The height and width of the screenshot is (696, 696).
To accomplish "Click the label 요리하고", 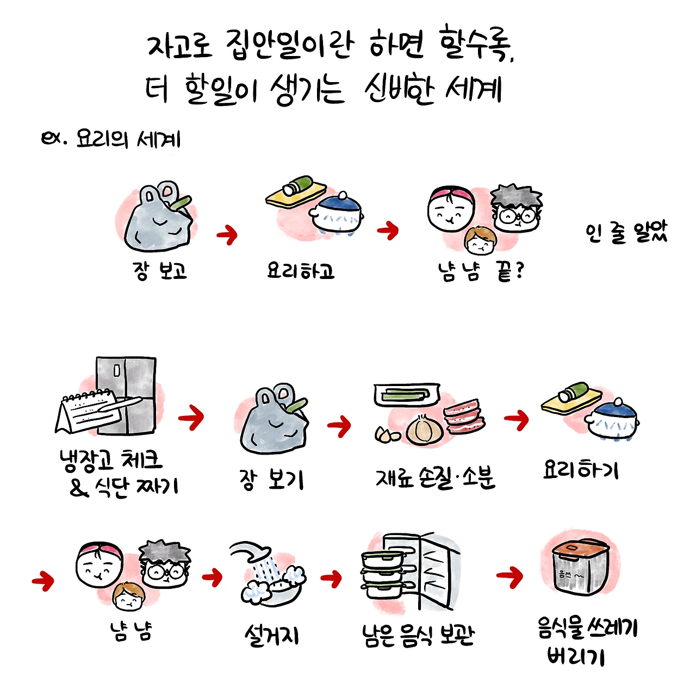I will [300, 270].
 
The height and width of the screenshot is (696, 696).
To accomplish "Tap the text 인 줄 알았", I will [626, 232].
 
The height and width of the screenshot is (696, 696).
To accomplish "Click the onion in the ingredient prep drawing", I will [422, 430].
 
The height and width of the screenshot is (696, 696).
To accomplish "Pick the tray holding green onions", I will [406, 394].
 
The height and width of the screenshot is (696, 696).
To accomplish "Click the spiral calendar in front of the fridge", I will [92, 411].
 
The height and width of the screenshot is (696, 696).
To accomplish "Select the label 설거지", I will [271, 635].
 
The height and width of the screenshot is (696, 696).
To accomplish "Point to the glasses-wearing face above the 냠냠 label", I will [165, 566].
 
